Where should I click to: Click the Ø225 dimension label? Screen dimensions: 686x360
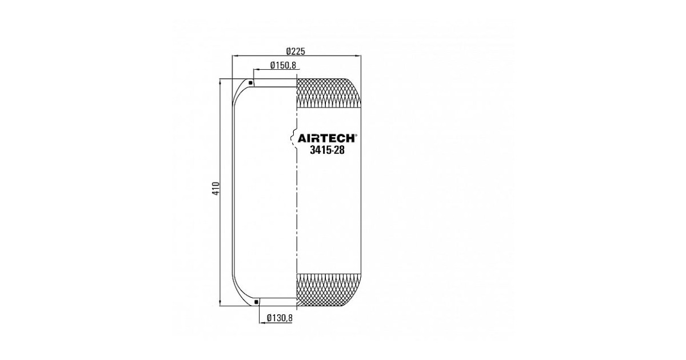[296, 51]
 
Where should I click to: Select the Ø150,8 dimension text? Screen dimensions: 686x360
[283, 65]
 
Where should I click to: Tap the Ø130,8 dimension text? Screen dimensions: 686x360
[280, 318]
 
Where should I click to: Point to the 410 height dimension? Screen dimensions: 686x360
[216, 189]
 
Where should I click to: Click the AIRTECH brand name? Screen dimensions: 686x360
[326, 139]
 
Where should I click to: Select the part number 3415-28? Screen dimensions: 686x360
[327, 150]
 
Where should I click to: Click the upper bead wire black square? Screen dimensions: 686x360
[250, 83]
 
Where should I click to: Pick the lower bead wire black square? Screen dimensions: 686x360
[256, 302]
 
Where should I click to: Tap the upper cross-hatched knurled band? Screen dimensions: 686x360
[329, 93]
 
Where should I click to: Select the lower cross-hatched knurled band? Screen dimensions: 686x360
[329, 290]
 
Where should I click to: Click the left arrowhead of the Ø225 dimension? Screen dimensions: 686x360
[235, 56]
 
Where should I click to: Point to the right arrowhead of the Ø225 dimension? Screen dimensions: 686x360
[358, 56]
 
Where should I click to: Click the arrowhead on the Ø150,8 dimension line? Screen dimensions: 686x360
[257, 70]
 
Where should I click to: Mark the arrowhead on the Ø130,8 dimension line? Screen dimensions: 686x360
[262, 323]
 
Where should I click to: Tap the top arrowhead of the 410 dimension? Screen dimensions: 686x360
[220, 82]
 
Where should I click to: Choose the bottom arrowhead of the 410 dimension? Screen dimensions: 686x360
[220, 303]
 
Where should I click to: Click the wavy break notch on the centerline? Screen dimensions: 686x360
[293, 138]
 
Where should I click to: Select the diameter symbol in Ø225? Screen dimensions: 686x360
[289, 51]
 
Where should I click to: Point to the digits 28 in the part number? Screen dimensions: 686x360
[340, 150]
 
